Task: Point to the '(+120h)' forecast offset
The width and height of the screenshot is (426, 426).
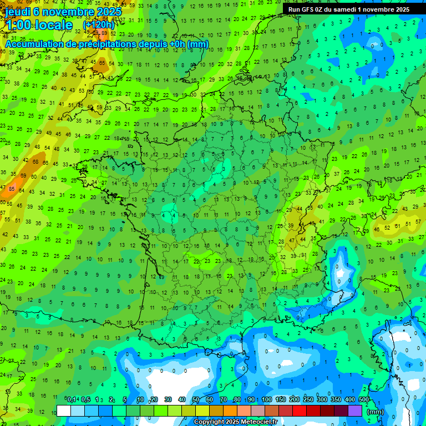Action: [x=99, y=24]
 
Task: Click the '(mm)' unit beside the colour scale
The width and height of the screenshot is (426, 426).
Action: [x=376, y=412]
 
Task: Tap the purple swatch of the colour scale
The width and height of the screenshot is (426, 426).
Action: [x=355, y=410]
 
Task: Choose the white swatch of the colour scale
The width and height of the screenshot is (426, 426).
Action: [x=63, y=410]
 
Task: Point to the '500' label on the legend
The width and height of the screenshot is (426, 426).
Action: [x=364, y=399]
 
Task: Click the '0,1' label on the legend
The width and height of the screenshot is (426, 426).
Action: [x=72, y=399]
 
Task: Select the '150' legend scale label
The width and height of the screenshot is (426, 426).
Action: [x=281, y=399]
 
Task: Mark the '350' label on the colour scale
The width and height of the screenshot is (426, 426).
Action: [x=336, y=399]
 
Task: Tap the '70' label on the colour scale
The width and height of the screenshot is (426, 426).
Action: [x=224, y=399]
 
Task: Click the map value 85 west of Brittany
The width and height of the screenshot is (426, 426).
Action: [x=12, y=189]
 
